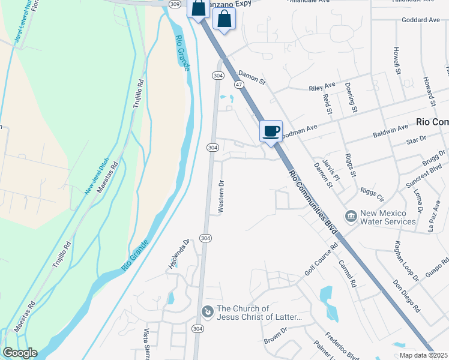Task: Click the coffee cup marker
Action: tap(271, 131)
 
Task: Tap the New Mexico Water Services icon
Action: tap(351, 215)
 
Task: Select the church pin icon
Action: tap(207, 311)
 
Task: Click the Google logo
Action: tap(20, 353)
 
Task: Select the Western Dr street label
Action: tap(221, 197)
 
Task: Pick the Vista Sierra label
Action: tap(146, 343)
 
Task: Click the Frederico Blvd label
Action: tap(342, 343)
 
